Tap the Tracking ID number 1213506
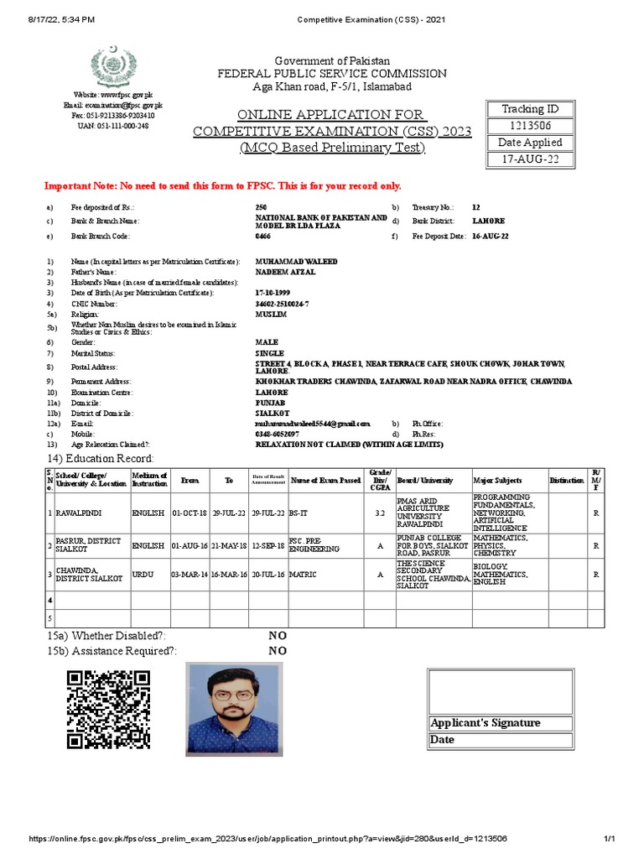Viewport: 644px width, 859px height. pos(528,126)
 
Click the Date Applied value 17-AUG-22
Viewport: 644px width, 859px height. pos(528,159)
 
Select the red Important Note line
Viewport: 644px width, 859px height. pos(222,185)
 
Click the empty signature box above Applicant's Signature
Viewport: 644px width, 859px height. pos(501,692)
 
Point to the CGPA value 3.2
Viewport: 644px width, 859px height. pos(379,511)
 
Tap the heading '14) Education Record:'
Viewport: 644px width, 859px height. pos(100,458)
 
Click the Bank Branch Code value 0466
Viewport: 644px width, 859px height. pos(264,237)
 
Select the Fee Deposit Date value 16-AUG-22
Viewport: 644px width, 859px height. pos(490,237)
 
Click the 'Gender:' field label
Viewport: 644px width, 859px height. pos(83,343)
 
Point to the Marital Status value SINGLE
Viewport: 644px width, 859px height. pos(269,354)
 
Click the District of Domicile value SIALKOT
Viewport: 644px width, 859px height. pos(272,414)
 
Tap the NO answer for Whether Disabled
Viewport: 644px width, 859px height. pos(277,637)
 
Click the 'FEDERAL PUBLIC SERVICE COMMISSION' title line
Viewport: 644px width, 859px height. pos(332,74)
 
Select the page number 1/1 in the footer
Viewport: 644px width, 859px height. pos(610,839)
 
